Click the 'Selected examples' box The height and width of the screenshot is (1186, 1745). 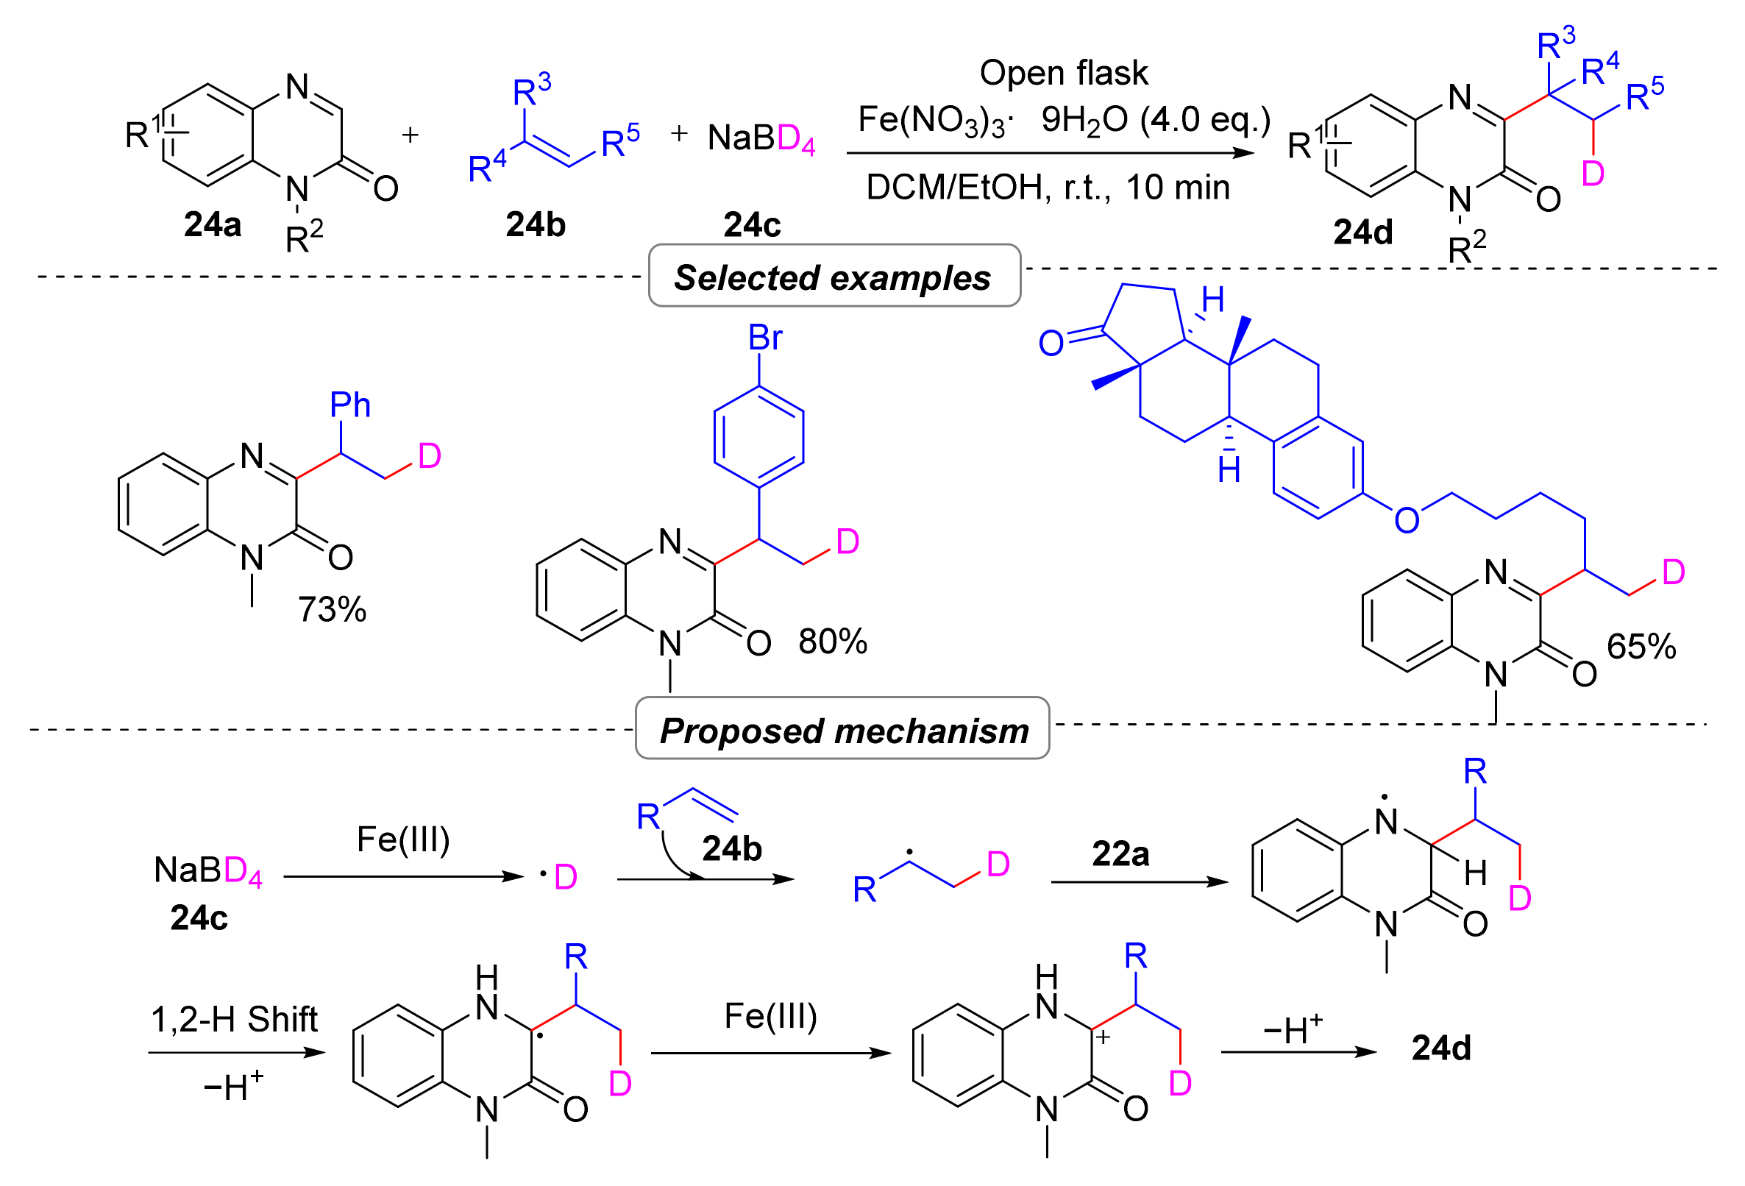click(834, 277)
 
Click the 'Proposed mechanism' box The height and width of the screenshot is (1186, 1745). click(842, 730)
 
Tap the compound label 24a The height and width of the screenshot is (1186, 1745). click(213, 224)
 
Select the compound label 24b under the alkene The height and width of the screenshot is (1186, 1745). click(536, 224)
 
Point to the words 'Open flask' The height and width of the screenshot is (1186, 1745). click(1063, 74)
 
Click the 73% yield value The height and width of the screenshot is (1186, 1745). click(332, 609)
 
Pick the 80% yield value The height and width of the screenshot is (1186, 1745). click(832, 642)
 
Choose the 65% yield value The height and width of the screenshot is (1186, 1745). click(1641, 647)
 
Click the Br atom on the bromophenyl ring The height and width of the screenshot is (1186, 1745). click(765, 338)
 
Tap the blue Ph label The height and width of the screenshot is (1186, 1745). click(350, 405)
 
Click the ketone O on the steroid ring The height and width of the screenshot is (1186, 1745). click(1051, 344)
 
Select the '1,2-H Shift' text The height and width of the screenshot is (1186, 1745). click(234, 1019)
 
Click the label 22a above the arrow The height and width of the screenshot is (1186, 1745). click(1120, 854)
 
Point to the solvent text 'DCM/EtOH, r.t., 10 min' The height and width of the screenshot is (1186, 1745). click(1048, 188)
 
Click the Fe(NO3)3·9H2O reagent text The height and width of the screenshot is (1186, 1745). click(1063, 120)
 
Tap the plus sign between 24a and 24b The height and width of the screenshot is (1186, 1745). click(410, 135)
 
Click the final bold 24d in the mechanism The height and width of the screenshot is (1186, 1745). click(1441, 1048)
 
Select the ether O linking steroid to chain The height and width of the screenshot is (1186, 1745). click(1407, 520)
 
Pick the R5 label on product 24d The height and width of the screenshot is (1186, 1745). click(1644, 96)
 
